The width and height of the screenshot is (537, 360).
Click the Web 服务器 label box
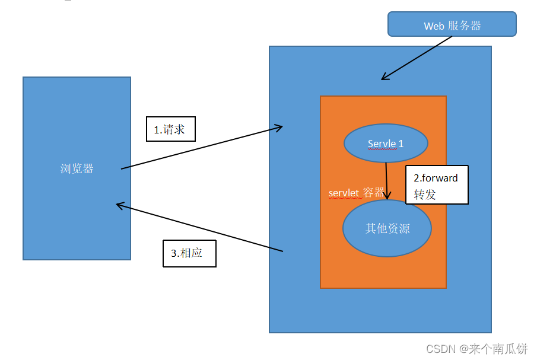pyautogui.click(x=452, y=25)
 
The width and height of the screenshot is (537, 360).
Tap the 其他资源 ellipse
pyautogui.click(x=387, y=228)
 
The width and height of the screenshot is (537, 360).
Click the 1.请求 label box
pyautogui.click(x=170, y=129)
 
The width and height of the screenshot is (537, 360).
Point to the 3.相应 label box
pyautogui.click(x=189, y=253)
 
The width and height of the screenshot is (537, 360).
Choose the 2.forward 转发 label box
pyautogui.click(x=437, y=185)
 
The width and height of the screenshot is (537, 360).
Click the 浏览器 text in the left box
pyautogui.click(x=77, y=168)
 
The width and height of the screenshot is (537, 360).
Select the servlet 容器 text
pyautogui.click(x=356, y=193)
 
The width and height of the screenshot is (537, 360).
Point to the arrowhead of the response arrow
pyautogui.click(x=119, y=205)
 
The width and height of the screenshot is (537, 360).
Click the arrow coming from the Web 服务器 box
pyautogui.click(x=415, y=58)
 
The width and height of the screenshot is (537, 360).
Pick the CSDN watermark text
pyautogui.click(x=439, y=349)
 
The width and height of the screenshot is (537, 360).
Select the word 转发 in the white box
pyautogui.click(x=425, y=194)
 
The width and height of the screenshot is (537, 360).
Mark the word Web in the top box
pyautogui.click(x=433, y=26)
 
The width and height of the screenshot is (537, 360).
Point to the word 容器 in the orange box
pyautogui.click(x=373, y=193)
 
